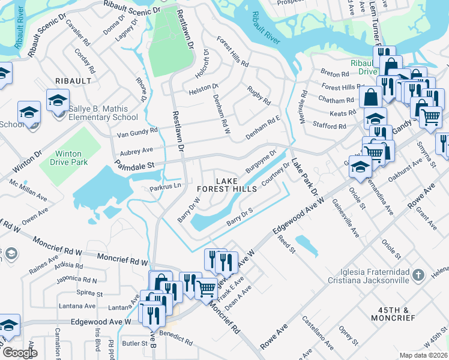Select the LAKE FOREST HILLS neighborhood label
point(231,185)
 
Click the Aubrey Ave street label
point(137,149)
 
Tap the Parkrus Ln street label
point(165,188)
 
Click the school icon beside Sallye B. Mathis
point(58,100)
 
